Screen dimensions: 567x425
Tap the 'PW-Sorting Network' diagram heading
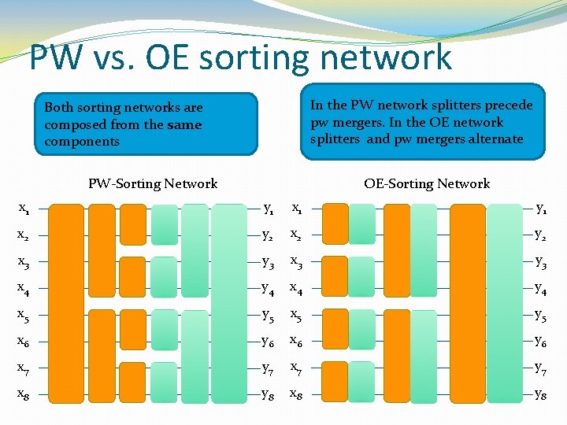point(153,184)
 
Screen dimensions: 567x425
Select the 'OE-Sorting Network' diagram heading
point(427,184)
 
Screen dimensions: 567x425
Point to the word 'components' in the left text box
point(82,142)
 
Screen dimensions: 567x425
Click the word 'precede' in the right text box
point(504,105)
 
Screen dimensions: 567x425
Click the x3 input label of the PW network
point(24,263)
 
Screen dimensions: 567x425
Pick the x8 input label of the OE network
point(298,394)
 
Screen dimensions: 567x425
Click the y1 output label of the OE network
point(543,209)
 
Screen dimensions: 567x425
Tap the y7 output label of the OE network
point(543,368)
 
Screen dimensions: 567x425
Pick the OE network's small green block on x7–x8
point(361,382)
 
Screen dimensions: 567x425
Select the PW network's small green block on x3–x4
point(164,276)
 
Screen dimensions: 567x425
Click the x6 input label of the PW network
point(24,342)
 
